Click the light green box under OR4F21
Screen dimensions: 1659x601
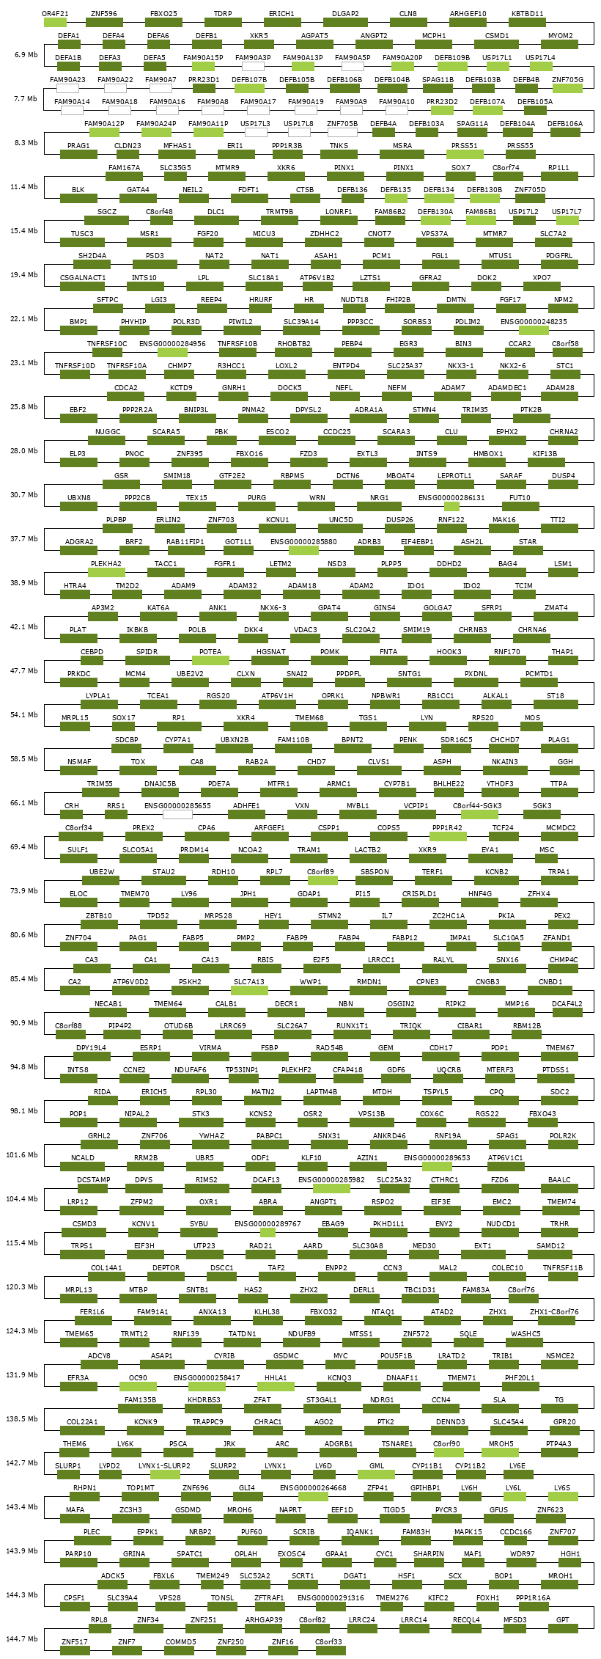(55, 22)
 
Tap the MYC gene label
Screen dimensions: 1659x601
(340, 1355)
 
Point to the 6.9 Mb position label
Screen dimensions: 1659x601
(26, 55)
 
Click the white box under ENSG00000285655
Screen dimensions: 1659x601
(177, 814)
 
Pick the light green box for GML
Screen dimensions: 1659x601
(376, 1474)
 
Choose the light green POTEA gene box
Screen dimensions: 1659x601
(210, 660)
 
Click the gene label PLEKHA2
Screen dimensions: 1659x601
(106, 563)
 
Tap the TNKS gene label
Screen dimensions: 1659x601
(339, 145)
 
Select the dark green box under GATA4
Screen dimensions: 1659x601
(138, 198)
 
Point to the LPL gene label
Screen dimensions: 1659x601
(204, 277)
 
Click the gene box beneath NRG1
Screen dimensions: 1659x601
(380, 506)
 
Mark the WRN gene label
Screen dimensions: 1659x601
(317, 497)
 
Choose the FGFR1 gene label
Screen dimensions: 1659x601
(224, 563)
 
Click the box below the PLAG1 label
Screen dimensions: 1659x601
(559, 748)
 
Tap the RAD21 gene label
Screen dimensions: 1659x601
(261, 1245)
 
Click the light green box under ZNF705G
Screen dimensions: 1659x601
(567, 88)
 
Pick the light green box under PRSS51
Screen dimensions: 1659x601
(465, 154)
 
